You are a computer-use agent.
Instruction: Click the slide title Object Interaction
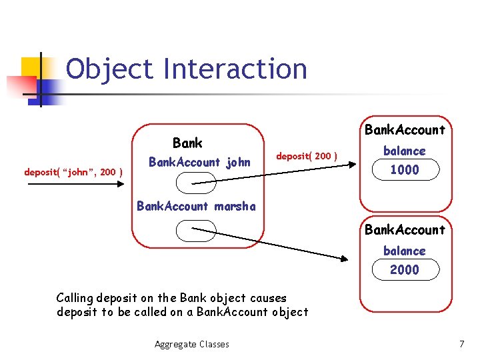[x=186, y=69]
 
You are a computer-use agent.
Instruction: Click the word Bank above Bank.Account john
[x=187, y=143]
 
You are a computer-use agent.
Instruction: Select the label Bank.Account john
[x=199, y=162]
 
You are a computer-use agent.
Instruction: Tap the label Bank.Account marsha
[x=195, y=206]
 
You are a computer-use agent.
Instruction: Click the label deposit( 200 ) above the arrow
[x=307, y=157]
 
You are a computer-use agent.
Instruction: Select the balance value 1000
[x=405, y=170]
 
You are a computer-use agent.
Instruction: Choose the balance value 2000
[x=405, y=269]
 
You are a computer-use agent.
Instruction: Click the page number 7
[x=461, y=344]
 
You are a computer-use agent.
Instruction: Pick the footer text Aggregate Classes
[x=192, y=344]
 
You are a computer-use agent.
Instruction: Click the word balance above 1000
[x=404, y=151]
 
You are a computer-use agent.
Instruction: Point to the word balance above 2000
[x=404, y=251]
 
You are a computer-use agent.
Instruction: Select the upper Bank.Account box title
[x=405, y=129]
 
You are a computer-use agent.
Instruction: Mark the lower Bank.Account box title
[x=405, y=230]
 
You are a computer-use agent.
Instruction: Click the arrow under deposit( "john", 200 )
[x=73, y=184]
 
